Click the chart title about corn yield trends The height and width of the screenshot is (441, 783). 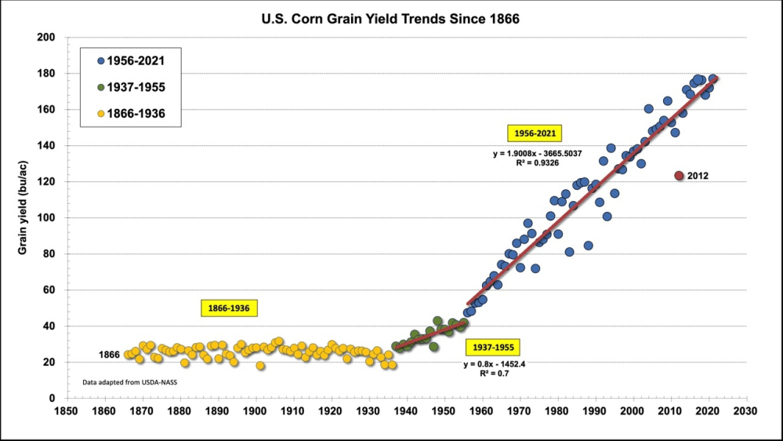click(x=390, y=17)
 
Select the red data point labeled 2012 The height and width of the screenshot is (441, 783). click(x=680, y=176)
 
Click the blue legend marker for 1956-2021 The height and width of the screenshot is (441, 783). click(x=101, y=60)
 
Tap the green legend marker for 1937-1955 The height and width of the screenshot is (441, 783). click(x=101, y=88)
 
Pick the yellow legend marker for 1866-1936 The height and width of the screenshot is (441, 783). click(x=101, y=115)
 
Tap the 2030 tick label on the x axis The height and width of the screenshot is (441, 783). click(x=747, y=410)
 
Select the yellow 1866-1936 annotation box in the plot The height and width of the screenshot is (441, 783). click(x=229, y=308)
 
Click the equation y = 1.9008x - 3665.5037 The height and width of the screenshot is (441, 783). click(x=538, y=153)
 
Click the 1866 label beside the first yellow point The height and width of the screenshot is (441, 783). click(x=109, y=355)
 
